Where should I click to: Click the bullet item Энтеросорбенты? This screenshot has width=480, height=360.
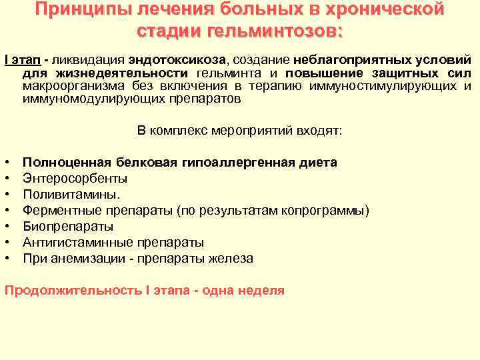[x=75, y=178]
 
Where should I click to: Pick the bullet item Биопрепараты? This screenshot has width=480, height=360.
[x=64, y=226]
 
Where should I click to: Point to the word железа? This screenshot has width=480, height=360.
[x=231, y=258]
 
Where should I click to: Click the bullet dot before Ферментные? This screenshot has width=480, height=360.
[x=7, y=210]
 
